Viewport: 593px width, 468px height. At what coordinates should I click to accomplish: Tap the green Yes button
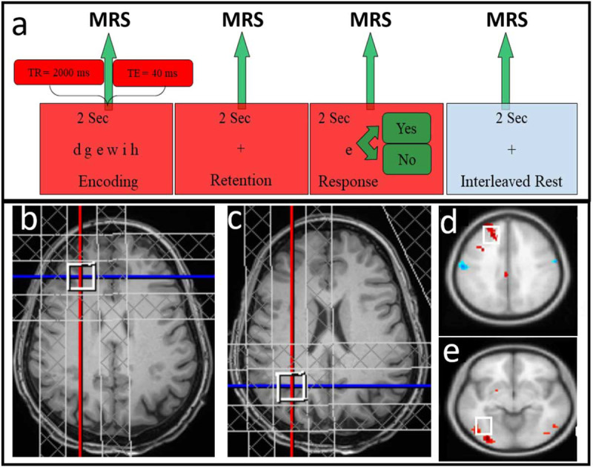coord(405,129)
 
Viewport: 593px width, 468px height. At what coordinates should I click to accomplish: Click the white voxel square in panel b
coord(81,277)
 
